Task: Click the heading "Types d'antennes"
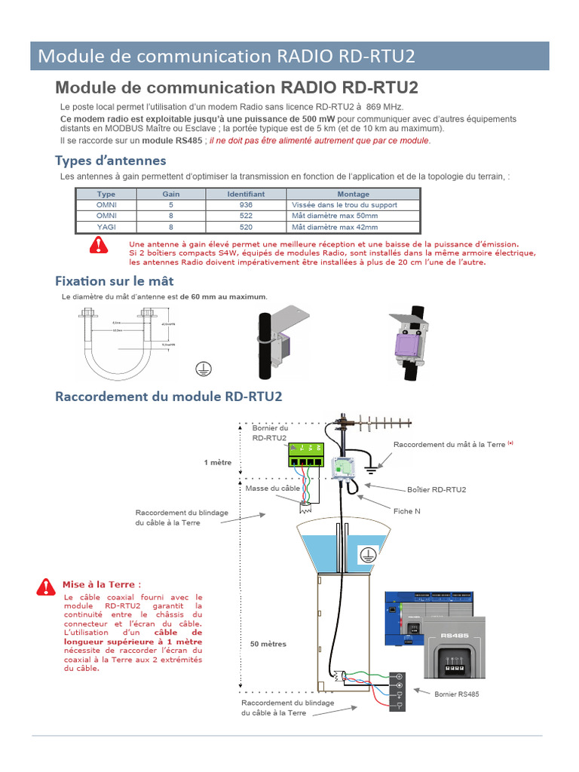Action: (x=110, y=161)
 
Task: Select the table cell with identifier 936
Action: (x=246, y=205)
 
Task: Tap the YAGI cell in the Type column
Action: (x=106, y=226)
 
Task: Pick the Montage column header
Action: (x=353, y=194)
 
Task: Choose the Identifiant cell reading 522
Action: (x=246, y=216)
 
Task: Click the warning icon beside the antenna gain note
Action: (x=98, y=244)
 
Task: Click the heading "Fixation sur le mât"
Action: (x=114, y=281)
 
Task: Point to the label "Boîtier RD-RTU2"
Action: (x=436, y=489)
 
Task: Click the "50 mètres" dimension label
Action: (x=268, y=645)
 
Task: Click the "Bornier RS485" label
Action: (x=456, y=694)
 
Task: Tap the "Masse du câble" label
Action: (x=272, y=489)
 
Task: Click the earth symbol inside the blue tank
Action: (x=367, y=554)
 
